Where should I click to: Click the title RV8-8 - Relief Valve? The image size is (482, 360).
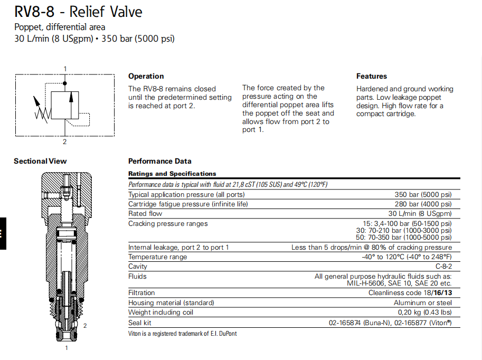click(78, 12)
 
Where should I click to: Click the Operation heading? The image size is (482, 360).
click(146, 76)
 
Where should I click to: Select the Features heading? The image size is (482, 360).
click(371, 76)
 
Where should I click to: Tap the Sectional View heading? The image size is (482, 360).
click(40, 161)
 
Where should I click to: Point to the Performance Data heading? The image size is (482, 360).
click(159, 161)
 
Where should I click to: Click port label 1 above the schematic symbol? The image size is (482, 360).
click(65, 69)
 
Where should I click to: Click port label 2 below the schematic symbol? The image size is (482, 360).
click(65, 141)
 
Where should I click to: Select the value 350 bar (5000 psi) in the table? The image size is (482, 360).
click(423, 194)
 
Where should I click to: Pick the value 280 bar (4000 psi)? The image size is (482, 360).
click(423, 204)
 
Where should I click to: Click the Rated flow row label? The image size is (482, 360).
click(145, 214)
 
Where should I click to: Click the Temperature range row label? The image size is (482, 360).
click(157, 257)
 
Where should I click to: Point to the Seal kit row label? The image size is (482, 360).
click(140, 323)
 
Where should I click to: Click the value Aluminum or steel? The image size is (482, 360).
click(422, 302)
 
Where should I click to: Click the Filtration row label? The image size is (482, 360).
click(141, 292)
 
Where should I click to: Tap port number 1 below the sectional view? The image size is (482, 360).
click(66, 348)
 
